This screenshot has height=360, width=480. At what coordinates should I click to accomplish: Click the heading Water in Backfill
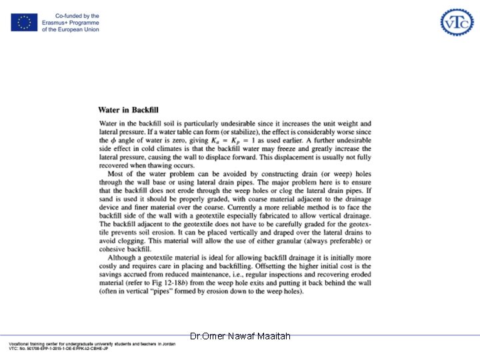[x=128, y=110]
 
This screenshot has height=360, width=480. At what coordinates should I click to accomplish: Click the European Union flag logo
[x=24, y=23]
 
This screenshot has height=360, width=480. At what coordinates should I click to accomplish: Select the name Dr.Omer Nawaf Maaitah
[x=240, y=337]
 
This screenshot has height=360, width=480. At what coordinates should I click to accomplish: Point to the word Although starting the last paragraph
[x=125, y=257]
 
